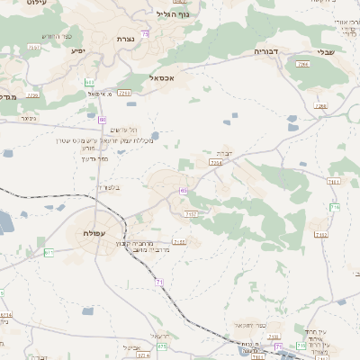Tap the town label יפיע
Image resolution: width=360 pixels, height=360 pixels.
pyautogui.click(x=79, y=51)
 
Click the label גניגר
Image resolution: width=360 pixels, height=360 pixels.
pyautogui.click(x=29, y=118)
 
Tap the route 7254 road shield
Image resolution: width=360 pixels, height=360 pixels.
pyautogui.click(x=215, y=164)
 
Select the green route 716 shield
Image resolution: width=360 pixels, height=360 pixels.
pyautogui.click(x=335, y=207)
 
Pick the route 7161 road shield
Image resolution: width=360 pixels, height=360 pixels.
pyautogui.click(x=334, y=181)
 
